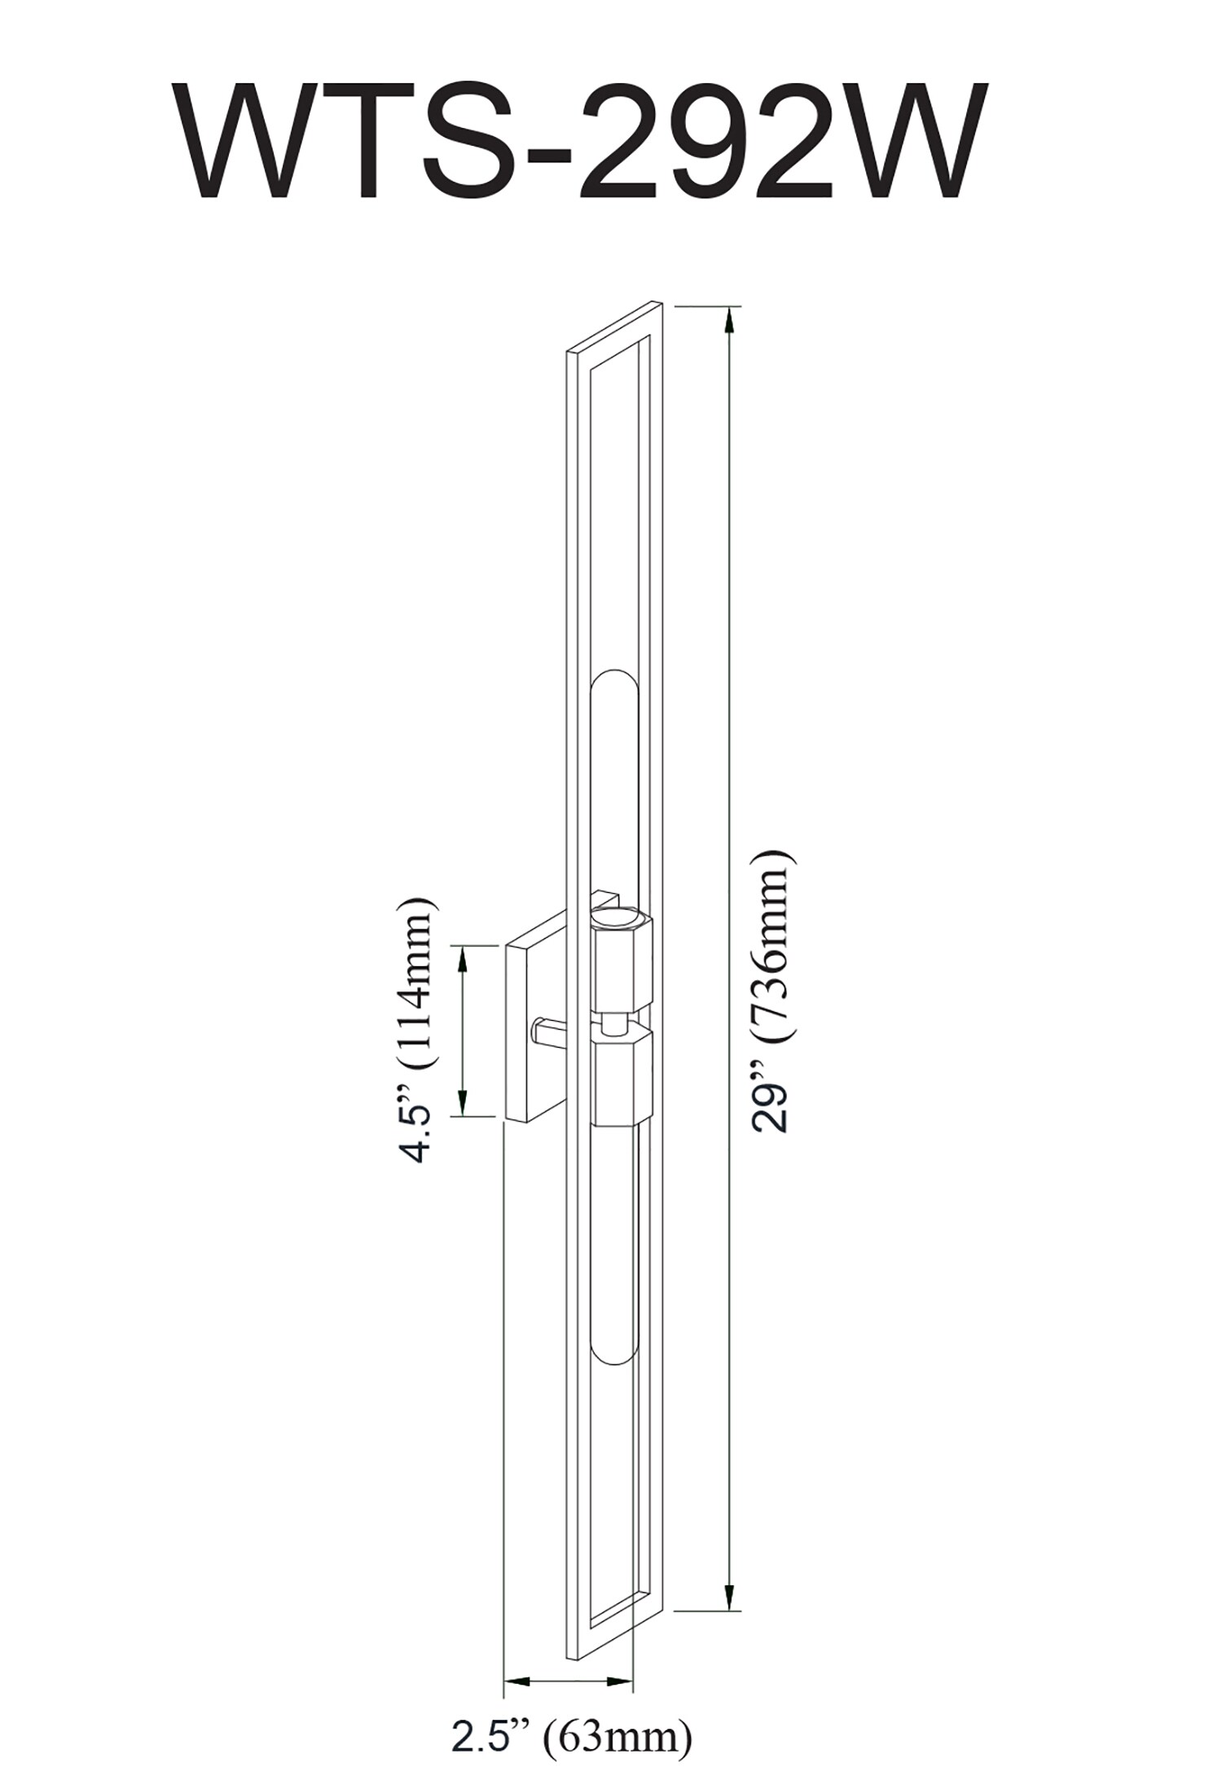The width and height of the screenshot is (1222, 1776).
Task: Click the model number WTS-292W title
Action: tap(582, 143)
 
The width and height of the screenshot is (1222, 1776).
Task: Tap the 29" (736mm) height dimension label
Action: tap(770, 991)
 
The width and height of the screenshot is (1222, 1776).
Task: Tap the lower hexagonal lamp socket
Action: tap(622, 1079)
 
